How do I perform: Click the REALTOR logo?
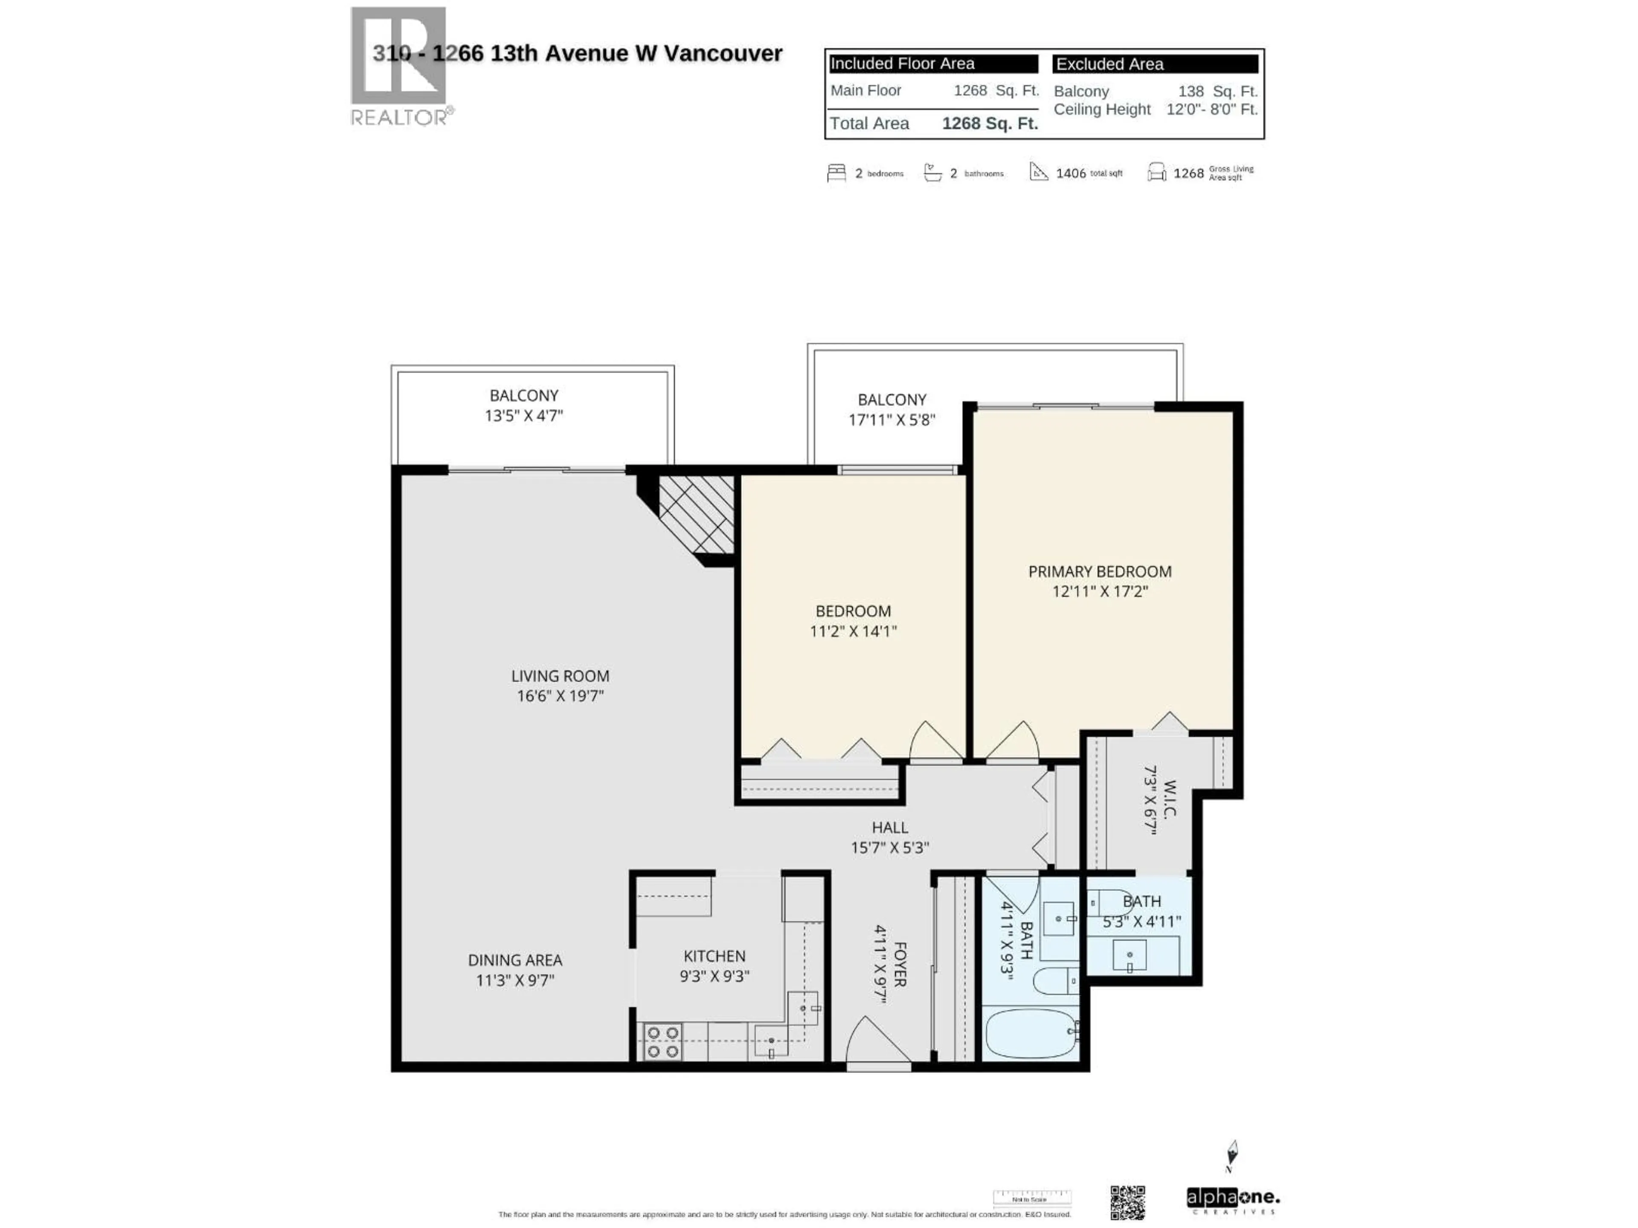click(x=399, y=67)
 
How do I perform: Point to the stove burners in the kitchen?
click(x=663, y=1042)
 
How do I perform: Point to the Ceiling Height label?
click(x=1102, y=110)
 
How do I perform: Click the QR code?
click(x=1127, y=1203)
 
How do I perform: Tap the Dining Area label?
click(x=515, y=960)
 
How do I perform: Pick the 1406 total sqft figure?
click(x=1071, y=173)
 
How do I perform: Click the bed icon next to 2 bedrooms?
click(x=836, y=173)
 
